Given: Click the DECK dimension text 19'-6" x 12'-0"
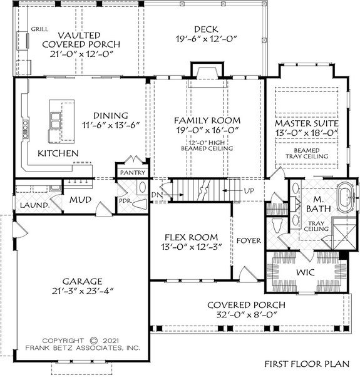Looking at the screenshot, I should (205, 39).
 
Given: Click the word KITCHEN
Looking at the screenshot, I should (58, 153).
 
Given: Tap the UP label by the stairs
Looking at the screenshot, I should (248, 190).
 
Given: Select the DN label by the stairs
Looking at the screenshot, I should (157, 195).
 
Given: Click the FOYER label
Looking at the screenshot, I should (248, 240).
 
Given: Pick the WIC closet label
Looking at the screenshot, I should (305, 273).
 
